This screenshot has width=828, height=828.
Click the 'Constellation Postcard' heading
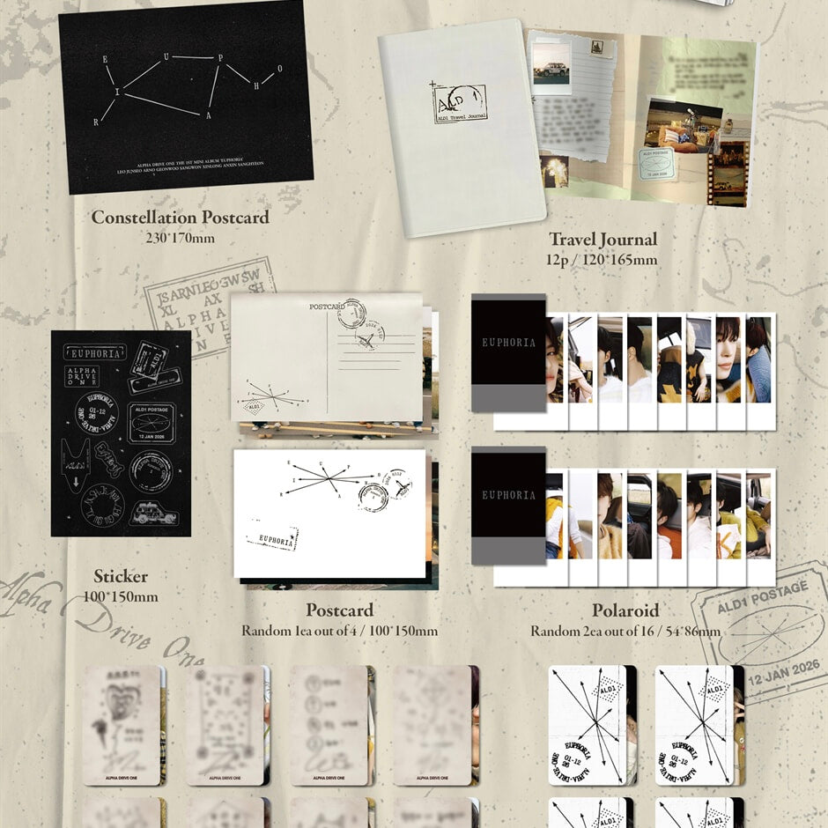[x=180, y=218]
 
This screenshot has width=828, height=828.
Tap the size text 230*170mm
[x=180, y=237]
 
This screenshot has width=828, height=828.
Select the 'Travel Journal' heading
[x=603, y=239]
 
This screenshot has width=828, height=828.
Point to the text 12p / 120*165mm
[x=603, y=259]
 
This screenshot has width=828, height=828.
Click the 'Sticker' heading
[x=121, y=577]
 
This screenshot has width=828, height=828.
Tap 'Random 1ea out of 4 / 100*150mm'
[x=339, y=631]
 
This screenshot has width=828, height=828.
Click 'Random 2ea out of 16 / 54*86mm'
[x=625, y=631]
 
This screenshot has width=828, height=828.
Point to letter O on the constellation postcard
[x=280, y=70]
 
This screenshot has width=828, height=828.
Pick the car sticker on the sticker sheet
[x=154, y=513]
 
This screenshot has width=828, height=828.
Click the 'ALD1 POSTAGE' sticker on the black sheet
[x=152, y=421]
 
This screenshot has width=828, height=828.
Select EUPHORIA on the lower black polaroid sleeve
[x=508, y=495]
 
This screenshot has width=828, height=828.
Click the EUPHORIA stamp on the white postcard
[x=272, y=536]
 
